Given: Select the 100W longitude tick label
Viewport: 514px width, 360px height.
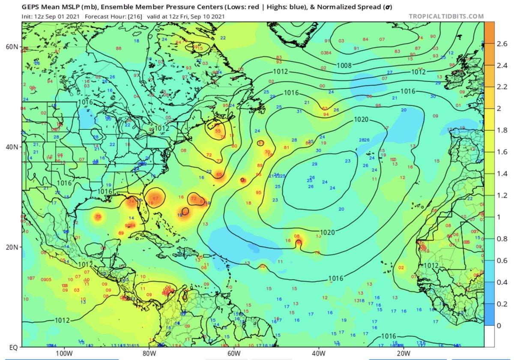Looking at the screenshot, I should pyautogui.click(x=63, y=354).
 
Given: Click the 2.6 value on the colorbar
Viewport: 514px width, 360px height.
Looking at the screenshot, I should pyautogui.click(x=502, y=43).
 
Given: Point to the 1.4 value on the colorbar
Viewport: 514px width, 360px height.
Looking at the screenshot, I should pyautogui.click(x=502, y=174).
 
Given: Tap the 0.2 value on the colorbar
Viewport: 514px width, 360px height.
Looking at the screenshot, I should pyautogui.click(x=502, y=304).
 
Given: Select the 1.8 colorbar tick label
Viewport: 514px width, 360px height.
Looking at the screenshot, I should pyautogui.click(x=502, y=130).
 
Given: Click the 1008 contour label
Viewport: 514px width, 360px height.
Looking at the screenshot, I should pyautogui.click(x=344, y=66).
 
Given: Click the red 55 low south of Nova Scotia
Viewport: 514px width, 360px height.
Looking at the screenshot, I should pyautogui.click(x=218, y=131).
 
